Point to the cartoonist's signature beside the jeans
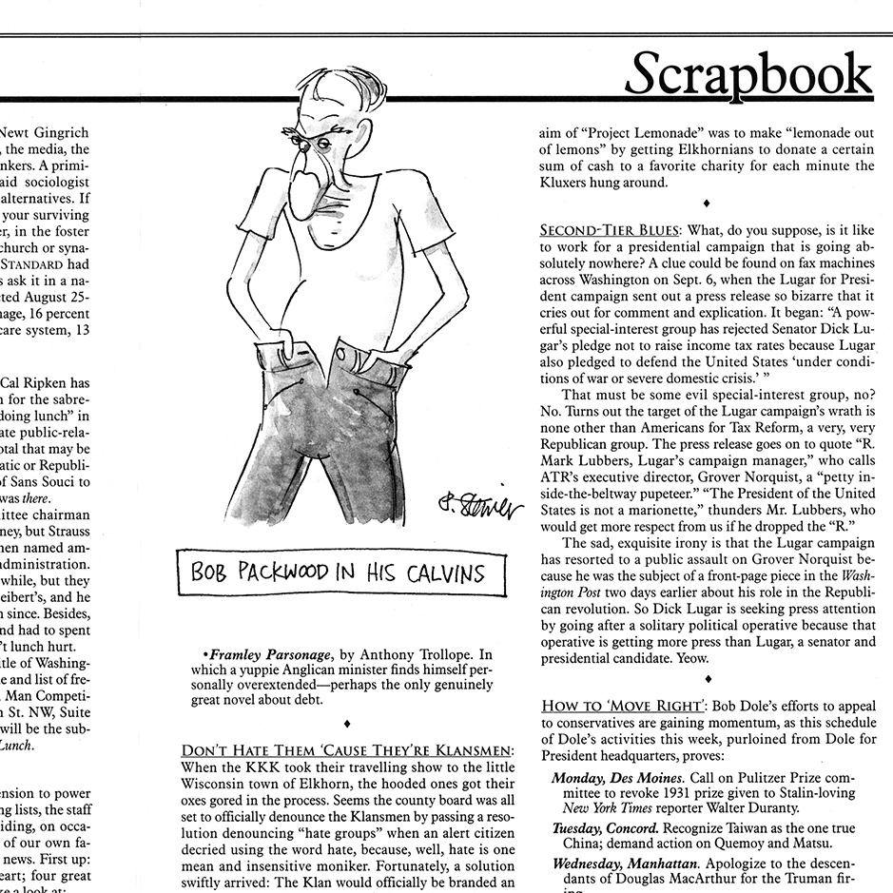[481, 505]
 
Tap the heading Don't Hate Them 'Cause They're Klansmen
[347, 751]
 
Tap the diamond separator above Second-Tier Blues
[705, 202]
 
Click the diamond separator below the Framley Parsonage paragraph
[347, 724]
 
